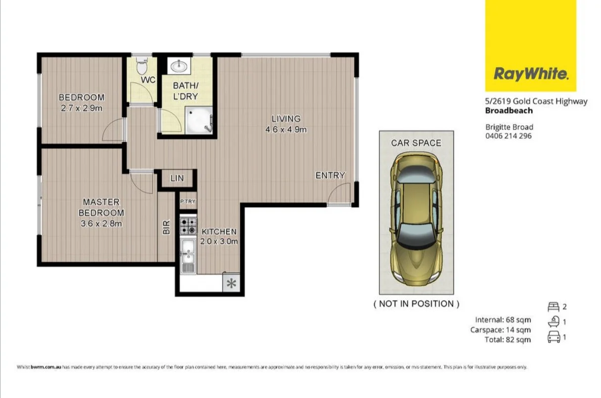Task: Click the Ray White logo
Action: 531,74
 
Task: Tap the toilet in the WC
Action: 142,65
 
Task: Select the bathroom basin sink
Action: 177,66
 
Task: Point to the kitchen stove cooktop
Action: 188,226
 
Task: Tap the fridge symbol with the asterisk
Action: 231,284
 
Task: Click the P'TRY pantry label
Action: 187,201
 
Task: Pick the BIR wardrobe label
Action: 167,227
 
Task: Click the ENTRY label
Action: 330,176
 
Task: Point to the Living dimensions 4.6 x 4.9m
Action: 286,130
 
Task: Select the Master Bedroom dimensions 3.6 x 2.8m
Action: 101,223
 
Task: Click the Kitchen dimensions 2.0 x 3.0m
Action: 219,242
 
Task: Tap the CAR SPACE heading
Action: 416,143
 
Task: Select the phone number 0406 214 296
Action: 509,136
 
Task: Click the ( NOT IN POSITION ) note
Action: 416,304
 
